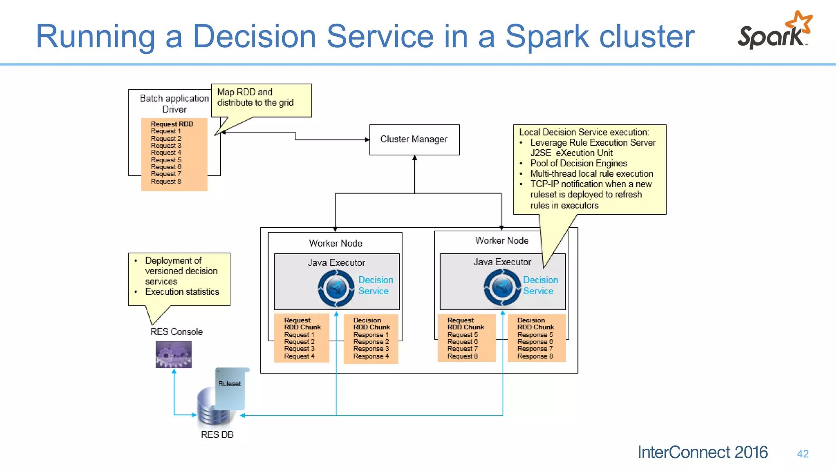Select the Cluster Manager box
[x=414, y=140]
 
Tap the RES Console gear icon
[x=173, y=355]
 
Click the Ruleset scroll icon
[x=230, y=388]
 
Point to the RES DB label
[x=217, y=435]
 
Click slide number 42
[x=803, y=454]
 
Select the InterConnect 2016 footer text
[x=702, y=452]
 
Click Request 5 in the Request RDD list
[x=166, y=160]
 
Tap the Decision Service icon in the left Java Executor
[x=336, y=288]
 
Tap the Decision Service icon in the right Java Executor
[x=502, y=288]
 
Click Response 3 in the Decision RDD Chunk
[x=371, y=349]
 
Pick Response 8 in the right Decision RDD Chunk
[x=535, y=356]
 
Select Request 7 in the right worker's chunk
[x=462, y=349]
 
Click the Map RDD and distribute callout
[x=261, y=98]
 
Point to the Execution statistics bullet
[x=182, y=292]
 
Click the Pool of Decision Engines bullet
[x=578, y=163]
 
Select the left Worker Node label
[x=335, y=243]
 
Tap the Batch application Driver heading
[x=174, y=104]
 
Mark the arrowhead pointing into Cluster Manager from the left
[x=367, y=140]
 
